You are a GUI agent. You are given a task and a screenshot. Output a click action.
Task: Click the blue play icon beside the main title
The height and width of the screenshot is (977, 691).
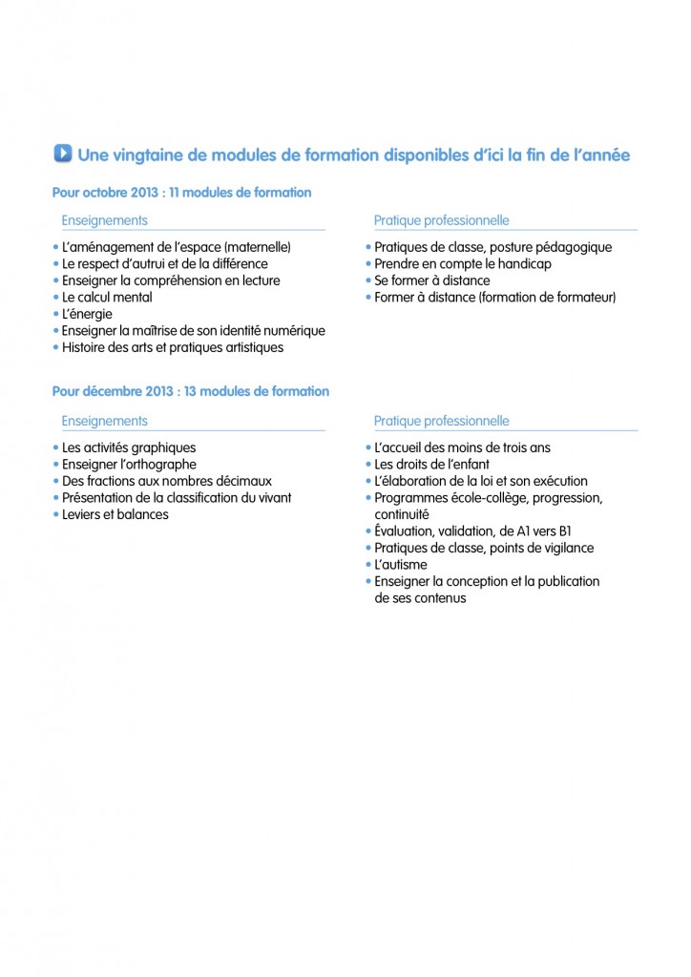(63, 154)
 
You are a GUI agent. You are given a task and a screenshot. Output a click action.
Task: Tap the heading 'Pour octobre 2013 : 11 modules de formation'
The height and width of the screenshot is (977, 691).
(181, 193)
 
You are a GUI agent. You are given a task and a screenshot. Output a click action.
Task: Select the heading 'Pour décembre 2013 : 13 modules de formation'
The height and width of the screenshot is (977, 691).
(191, 391)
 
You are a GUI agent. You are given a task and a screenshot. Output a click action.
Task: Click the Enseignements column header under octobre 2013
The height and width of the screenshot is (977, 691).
(104, 220)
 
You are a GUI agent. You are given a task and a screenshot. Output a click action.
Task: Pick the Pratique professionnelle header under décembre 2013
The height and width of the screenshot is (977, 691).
(441, 421)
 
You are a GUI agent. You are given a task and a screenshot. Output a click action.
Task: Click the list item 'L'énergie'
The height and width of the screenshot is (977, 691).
(87, 314)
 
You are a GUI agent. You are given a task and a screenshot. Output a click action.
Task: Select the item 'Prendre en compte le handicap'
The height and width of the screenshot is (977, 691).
(462, 263)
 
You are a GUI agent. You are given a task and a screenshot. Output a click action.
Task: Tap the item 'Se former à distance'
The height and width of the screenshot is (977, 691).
(431, 281)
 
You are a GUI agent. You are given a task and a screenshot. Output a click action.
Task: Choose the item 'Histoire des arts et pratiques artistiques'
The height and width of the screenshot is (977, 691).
(172, 347)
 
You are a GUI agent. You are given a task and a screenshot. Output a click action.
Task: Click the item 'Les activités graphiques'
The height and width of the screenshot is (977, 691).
(129, 447)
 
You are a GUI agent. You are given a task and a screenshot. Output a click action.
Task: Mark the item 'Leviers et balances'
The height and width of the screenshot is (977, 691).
(115, 514)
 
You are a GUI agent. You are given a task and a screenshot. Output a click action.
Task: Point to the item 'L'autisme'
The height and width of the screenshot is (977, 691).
(400, 565)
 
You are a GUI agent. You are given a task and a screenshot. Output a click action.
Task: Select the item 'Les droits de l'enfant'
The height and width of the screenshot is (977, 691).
(429, 465)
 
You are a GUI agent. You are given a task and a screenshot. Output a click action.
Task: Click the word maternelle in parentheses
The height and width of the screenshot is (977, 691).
(256, 247)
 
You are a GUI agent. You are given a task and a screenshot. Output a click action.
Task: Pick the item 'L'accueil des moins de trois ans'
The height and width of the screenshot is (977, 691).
(462, 447)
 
